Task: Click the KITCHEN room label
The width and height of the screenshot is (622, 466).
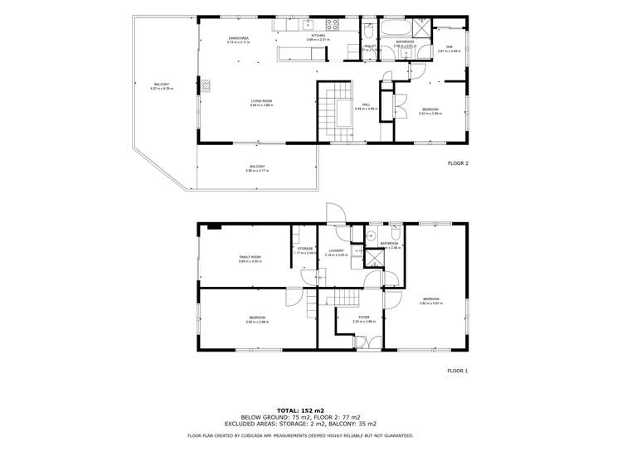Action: [318, 36]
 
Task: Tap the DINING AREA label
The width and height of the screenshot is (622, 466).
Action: [239, 39]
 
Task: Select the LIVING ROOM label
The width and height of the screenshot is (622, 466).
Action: [262, 101]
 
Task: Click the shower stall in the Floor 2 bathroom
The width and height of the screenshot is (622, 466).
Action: [422, 27]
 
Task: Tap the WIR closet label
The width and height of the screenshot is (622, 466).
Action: [449, 47]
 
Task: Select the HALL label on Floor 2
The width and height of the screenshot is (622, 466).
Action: [366, 105]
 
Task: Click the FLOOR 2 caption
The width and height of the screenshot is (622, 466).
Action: [457, 163]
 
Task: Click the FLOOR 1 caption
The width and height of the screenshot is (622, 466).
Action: [457, 371]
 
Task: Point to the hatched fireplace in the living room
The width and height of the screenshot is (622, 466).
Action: [209, 84]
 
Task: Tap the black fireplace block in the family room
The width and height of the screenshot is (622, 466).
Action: [214, 226]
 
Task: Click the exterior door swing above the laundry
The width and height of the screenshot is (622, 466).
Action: [335, 214]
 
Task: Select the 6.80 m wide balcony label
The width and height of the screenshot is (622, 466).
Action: [258, 168]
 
